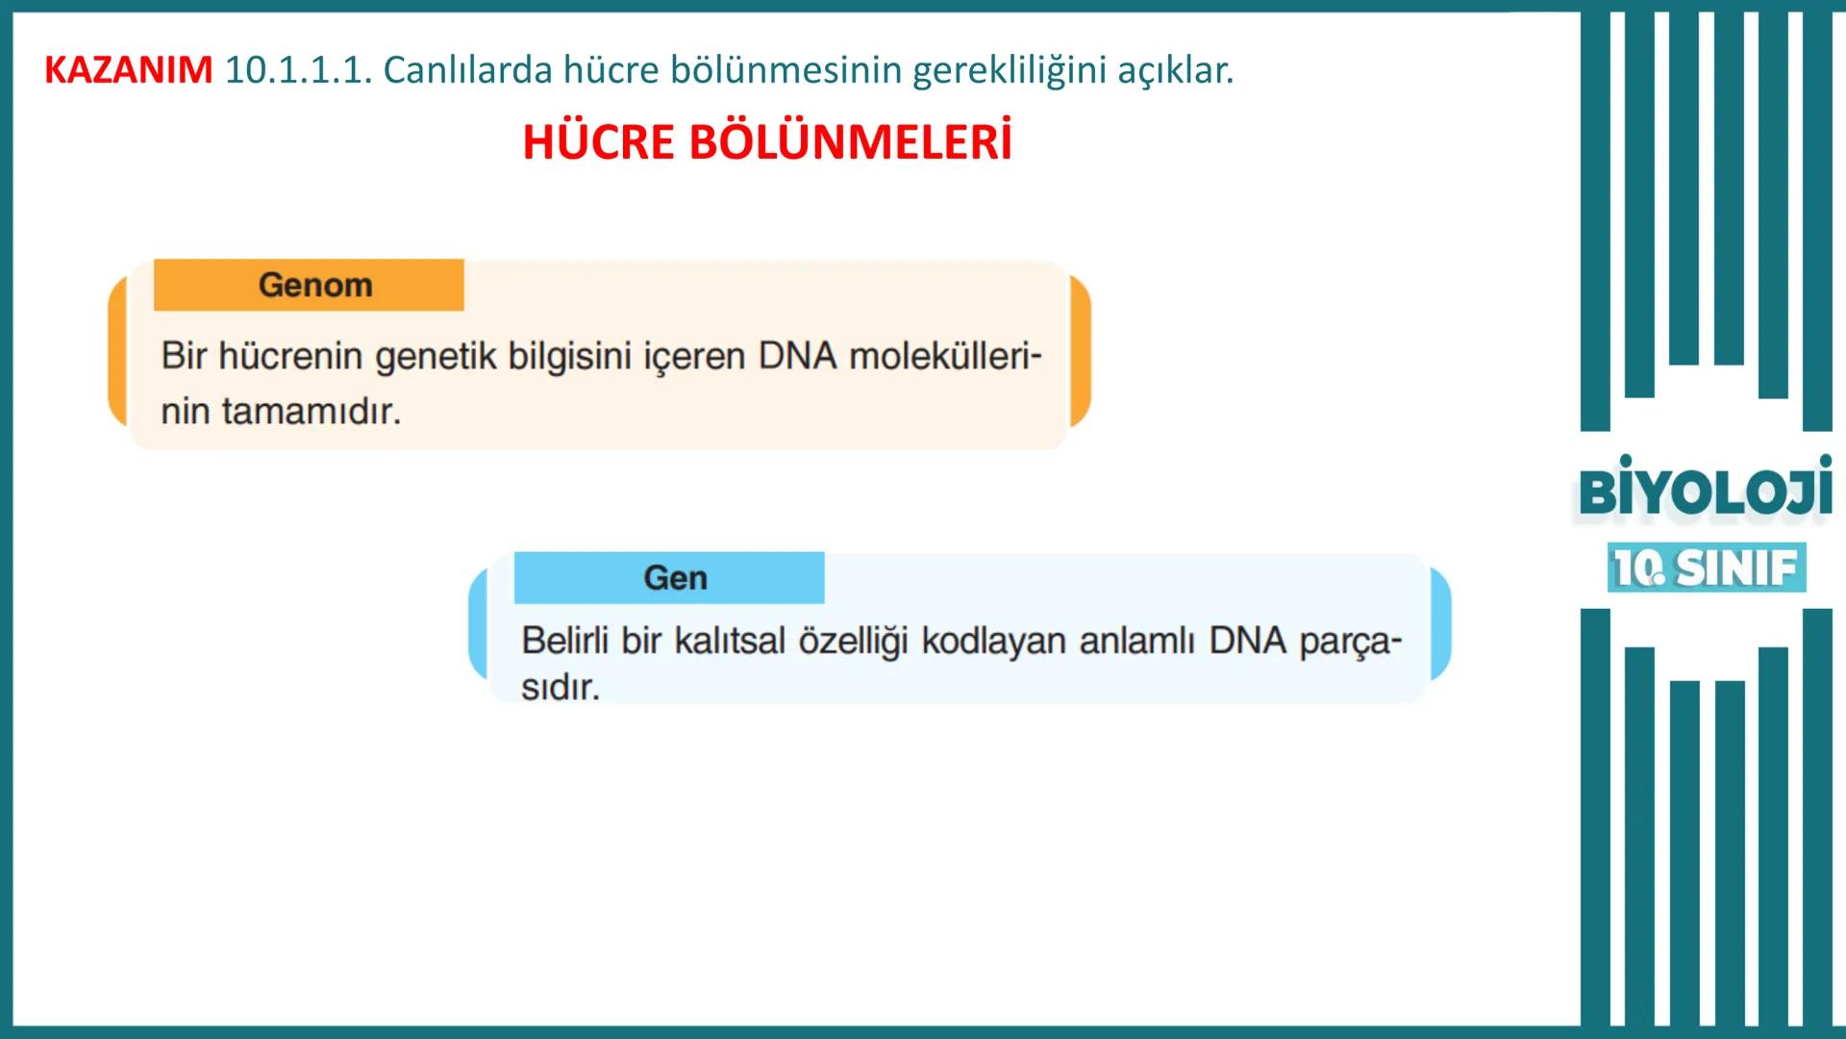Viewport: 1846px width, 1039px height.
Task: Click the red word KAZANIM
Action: [128, 70]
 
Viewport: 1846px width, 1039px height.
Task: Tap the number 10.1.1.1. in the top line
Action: [298, 70]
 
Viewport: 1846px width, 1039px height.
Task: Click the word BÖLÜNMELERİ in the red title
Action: [851, 143]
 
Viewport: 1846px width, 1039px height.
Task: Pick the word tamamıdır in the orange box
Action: [312, 412]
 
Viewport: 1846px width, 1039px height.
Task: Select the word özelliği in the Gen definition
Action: [853, 641]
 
